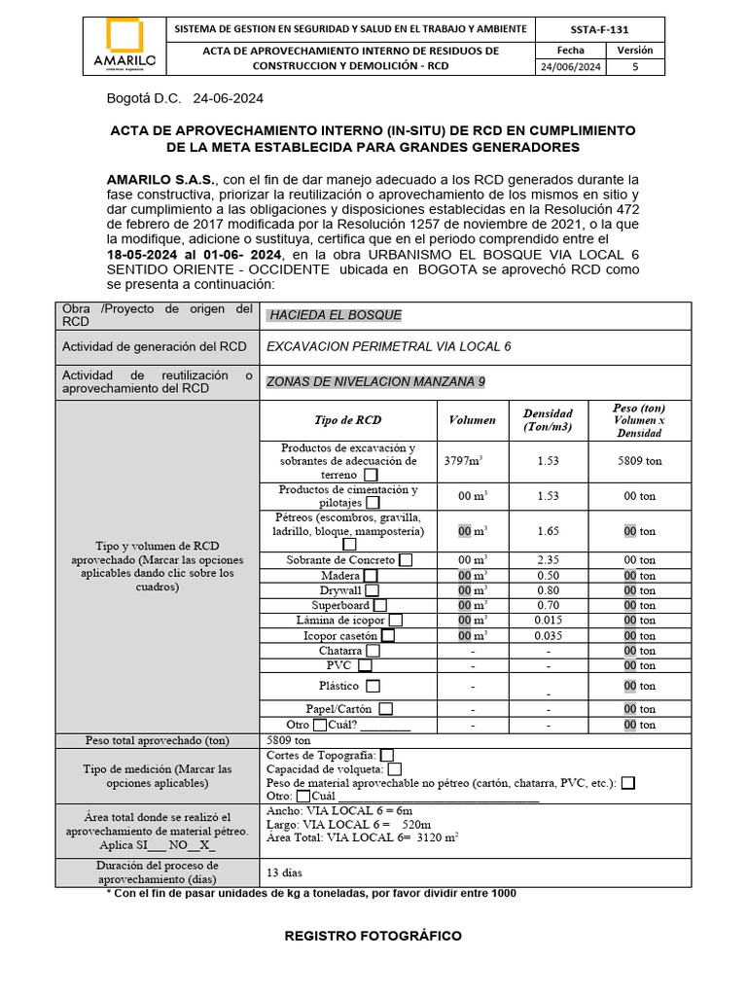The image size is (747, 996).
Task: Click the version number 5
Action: tap(636, 67)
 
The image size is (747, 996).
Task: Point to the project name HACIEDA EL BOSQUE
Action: tap(335, 315)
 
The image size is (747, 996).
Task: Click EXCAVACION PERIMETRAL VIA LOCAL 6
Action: tap(388, 346)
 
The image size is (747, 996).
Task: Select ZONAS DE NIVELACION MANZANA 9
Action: tap(375, 382)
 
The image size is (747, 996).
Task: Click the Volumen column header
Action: tap(472, 420)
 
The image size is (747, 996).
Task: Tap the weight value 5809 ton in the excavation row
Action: tap(639, 461)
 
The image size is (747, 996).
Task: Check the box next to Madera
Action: tap(371, 576)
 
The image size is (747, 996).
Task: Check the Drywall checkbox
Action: tap(372, 590)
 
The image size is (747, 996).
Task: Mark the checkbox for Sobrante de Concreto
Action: tap(406, 560)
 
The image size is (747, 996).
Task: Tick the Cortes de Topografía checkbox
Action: tap(387, 755)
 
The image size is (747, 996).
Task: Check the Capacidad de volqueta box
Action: tap(393, 769)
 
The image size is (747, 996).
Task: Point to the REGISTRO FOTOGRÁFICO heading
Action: tap(373, 936)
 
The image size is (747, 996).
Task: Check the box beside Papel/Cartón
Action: tap(386, 709)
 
